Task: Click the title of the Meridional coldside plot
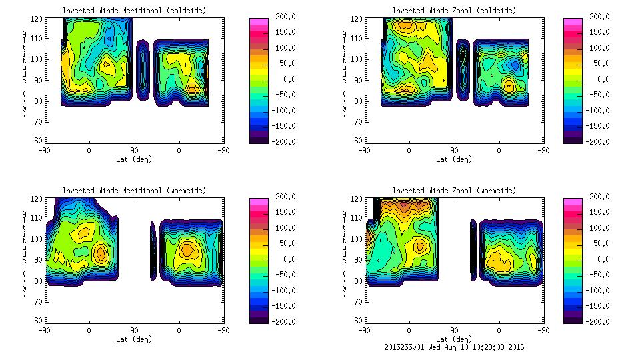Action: coord(134,11)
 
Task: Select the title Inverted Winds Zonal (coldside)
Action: coord(454,11)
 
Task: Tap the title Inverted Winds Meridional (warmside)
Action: coord(134,191)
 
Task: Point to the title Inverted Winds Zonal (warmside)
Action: coord(454,191)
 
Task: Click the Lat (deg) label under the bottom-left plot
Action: coord(133,339)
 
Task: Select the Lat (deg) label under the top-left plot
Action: coord(133,159)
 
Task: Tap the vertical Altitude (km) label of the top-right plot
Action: coord(345,73)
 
